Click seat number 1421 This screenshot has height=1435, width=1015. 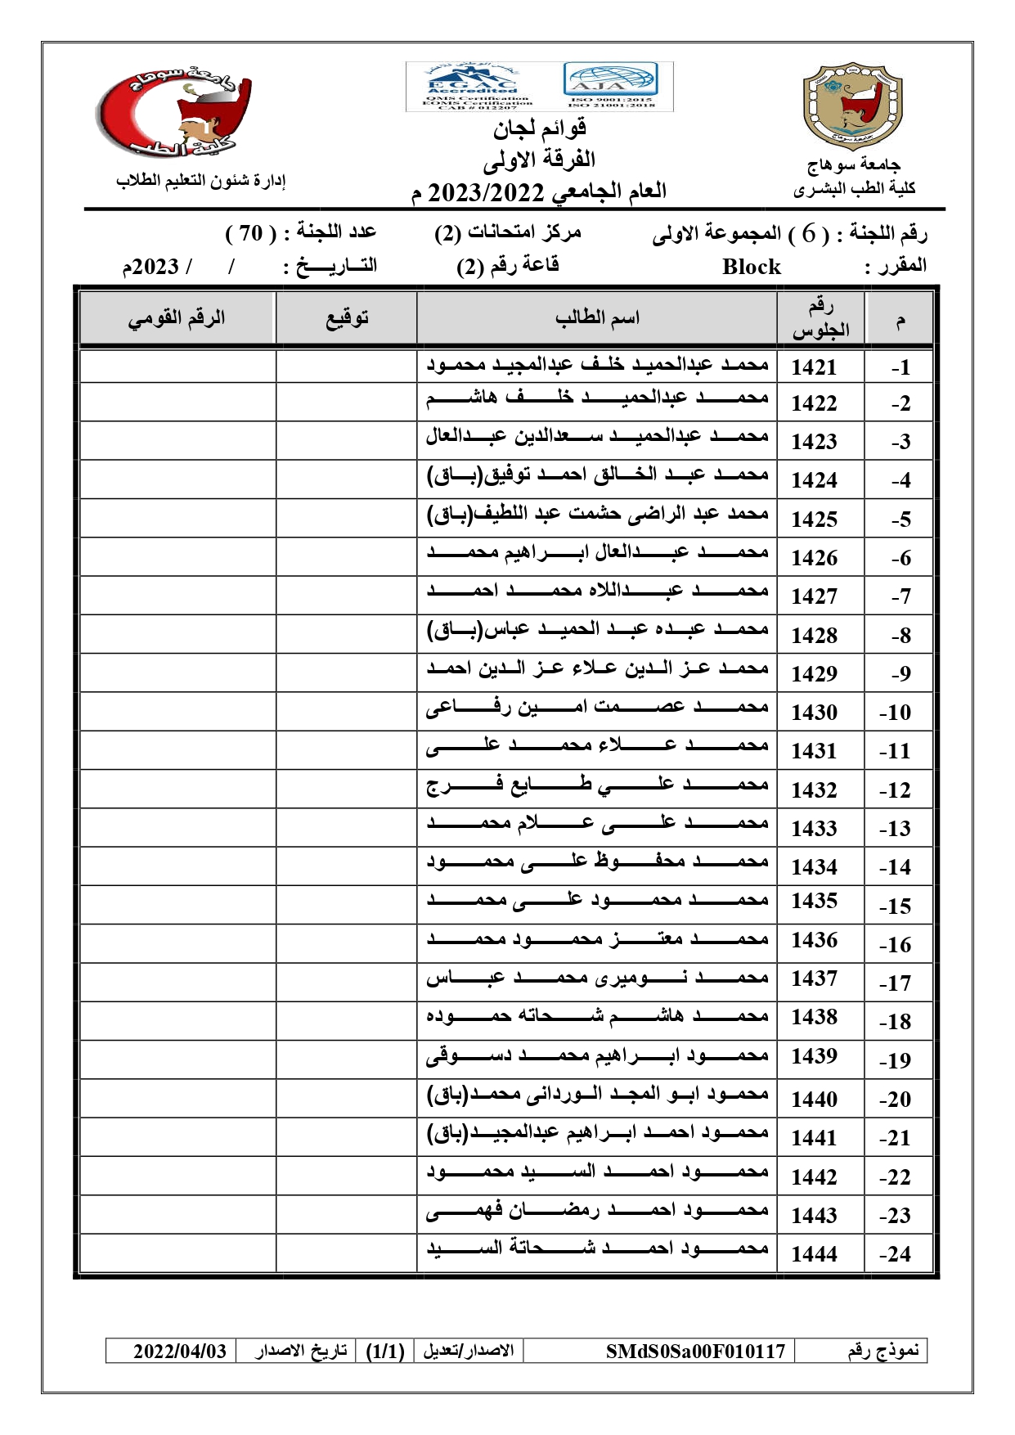pos(814,367)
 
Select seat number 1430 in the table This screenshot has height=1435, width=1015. pos(814,713)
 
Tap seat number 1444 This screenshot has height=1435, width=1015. pos(814,1254)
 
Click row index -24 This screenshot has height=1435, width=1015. pos(895,1254)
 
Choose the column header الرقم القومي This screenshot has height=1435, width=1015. pos(176,318)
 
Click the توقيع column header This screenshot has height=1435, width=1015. pos(347,318)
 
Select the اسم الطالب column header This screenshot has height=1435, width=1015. pos(597,318)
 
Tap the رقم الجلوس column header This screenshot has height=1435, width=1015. pos(820,318)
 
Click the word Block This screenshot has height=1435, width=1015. pos(751,267)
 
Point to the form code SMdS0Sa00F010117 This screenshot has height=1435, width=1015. pos(694,1351)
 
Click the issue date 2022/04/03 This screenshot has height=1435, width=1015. pos(179,1351)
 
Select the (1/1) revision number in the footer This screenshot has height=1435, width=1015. pos(385,1351)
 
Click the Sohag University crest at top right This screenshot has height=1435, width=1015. pos(852,106)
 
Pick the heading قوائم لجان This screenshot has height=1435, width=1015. pos(539,128)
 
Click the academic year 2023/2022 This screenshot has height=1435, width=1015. pos(486,193)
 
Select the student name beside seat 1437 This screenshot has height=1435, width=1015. pos(597,978)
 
